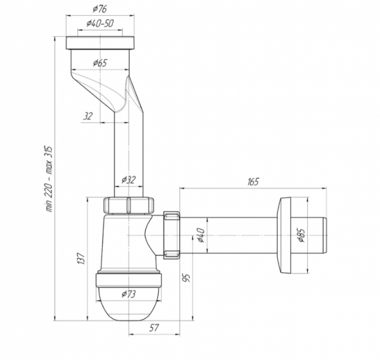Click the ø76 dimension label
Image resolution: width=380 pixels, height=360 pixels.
[99, 9]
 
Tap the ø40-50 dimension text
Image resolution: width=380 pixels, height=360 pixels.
[100, 23]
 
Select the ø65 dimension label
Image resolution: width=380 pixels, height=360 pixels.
[100, 63]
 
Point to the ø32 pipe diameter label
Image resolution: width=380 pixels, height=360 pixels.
[129, 180]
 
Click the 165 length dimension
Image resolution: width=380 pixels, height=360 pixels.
[253, 182]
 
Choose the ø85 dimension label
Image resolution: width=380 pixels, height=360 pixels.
[301, 235]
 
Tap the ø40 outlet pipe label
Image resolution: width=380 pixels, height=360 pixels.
[201, 235]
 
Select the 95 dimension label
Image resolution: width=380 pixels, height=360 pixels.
[186, 278]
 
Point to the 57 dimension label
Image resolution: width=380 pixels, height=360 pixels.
[154, 328]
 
